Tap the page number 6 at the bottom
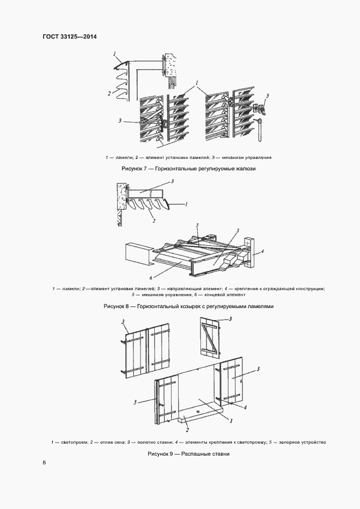click(44, 463)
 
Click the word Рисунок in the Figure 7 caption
click(132, 169)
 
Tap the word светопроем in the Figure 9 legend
click(71, 441)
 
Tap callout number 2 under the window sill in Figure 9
click(187, 430)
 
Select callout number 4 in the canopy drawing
click(263, 251)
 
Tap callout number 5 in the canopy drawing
click(198, 225)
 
